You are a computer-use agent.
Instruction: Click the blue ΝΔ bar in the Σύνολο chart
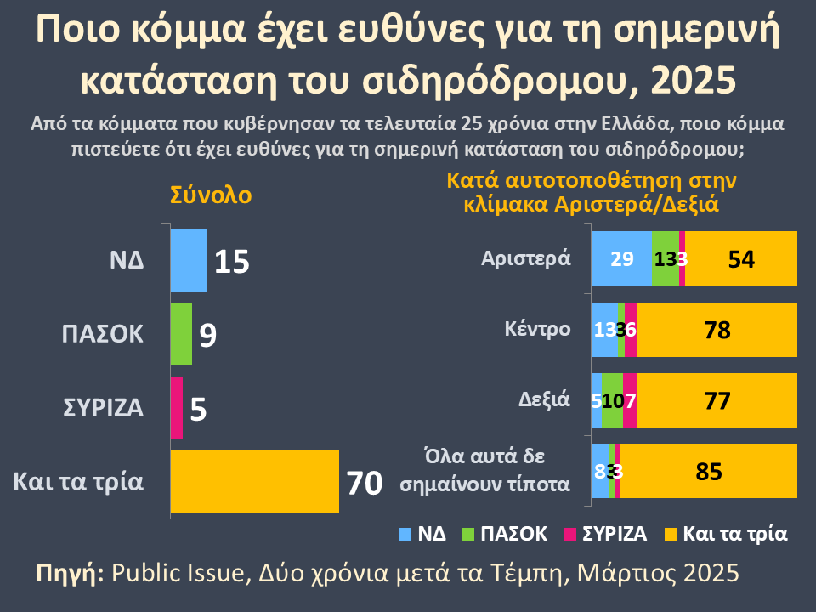coord(188,260)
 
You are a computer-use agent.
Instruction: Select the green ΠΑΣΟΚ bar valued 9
coord(181,334)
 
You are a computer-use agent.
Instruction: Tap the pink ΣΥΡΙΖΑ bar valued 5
coord(177,408)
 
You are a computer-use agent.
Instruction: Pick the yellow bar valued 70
coord(254,482)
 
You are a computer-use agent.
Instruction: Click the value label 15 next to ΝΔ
coord(231,262)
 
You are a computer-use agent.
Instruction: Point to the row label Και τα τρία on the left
coord(78,481)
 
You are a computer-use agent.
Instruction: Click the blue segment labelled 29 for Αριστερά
coord(621,258)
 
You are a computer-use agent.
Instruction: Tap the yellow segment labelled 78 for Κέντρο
coord(717,330)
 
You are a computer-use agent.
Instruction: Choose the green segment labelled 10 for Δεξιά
coord(612,400)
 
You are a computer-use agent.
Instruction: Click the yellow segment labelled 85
coord(709,471)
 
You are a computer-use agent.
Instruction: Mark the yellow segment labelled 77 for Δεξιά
coord(717,400)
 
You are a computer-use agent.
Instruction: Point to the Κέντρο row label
coord(536,329)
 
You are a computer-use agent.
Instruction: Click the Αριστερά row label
coord(524,258)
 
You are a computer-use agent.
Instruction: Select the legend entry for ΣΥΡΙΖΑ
coord(605,534)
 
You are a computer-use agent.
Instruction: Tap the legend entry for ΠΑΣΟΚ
coord(503,534)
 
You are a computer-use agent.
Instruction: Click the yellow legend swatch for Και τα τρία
coord(670,534)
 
